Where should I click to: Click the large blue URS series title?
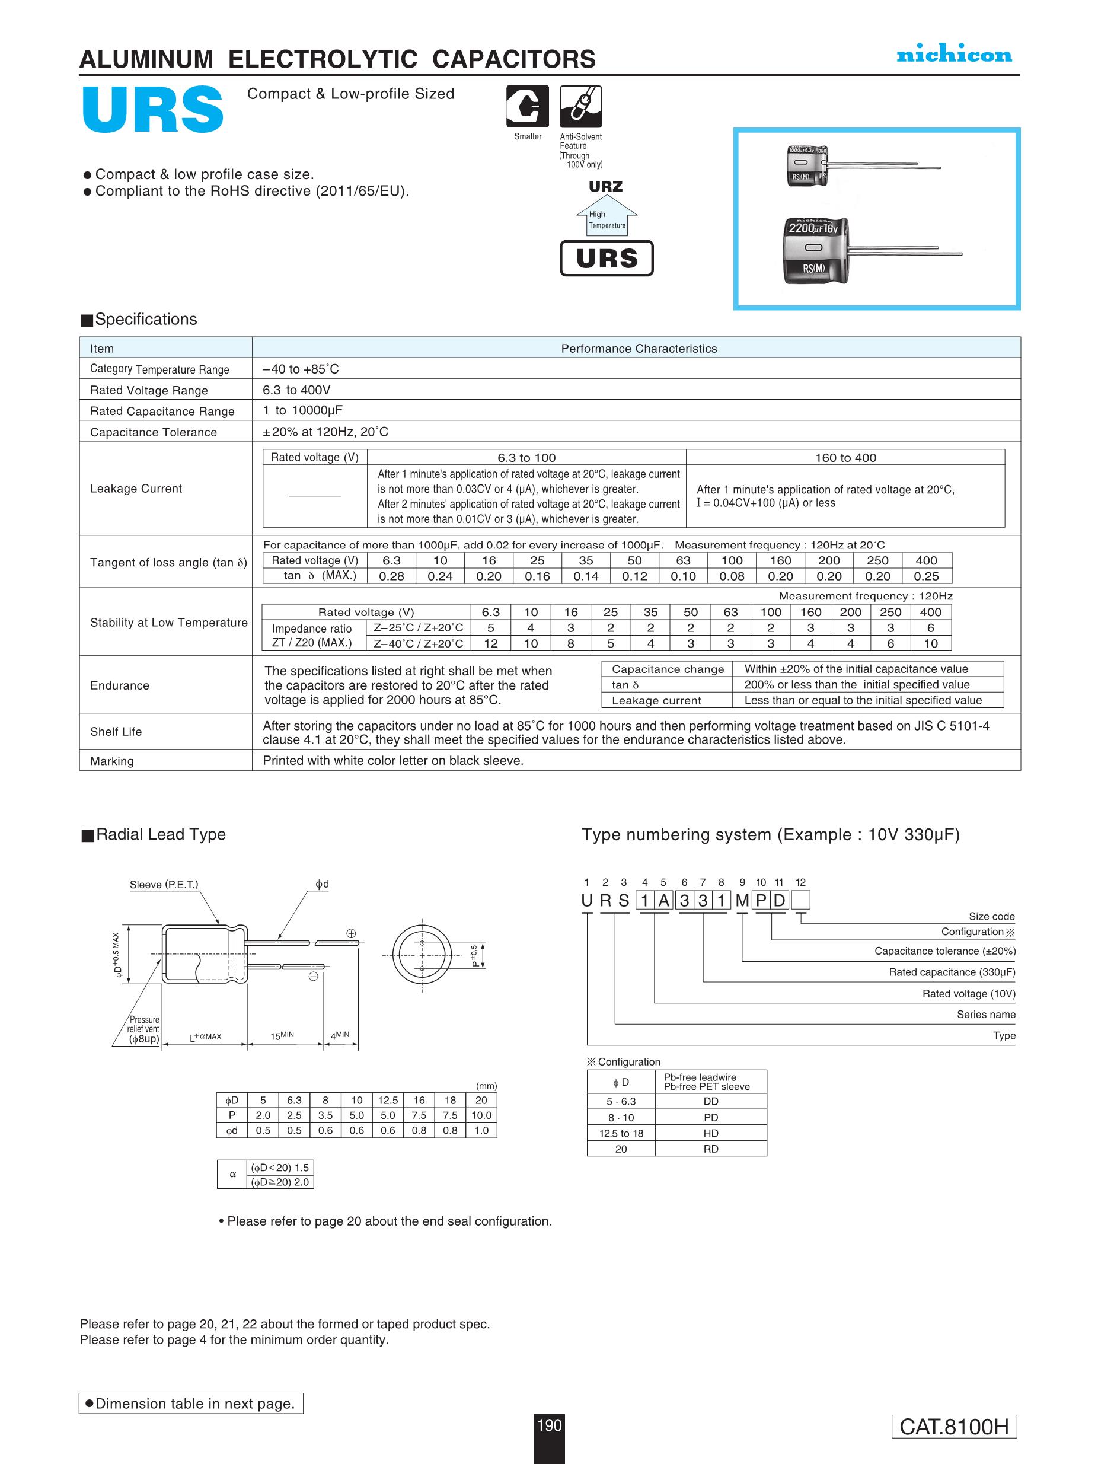tap(153, 109)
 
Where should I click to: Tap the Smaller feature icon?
tap(527, 106)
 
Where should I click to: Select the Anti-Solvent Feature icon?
tap(580, 106)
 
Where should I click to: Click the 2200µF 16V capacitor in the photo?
tap(815, 250)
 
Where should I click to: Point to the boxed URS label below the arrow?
tap(607, 258)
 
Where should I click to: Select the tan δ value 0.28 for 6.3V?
tap(391, 576)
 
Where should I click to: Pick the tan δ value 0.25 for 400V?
tap(926, 576)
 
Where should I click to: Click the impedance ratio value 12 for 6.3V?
tap(490, 643)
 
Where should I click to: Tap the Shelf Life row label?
tap(116, 731)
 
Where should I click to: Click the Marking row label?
tap(112, 761)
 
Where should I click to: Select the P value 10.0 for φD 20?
tap(481, 1115)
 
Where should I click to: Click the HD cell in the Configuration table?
tap(710, 1133)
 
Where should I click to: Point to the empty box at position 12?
tap(800, 900)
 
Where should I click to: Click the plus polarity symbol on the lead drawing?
tap(352, 933)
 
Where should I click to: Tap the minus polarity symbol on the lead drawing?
tap(314, 976)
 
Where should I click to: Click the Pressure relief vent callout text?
tap(143, 1029)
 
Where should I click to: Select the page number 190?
tap(548, 1425)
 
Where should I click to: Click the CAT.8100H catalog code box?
tap(953, 1426)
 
